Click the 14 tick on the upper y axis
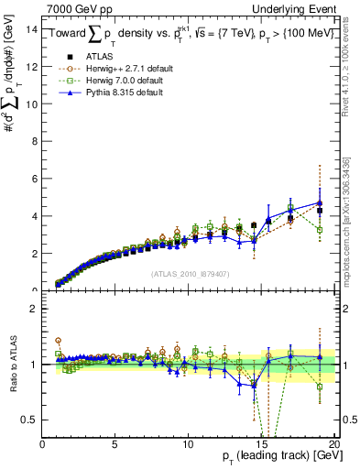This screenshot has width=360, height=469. pos(31,29)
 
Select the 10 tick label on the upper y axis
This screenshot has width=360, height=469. pos(31,104)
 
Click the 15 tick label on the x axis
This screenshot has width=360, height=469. pos(262,443)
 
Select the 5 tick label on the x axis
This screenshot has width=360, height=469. pos(115,443)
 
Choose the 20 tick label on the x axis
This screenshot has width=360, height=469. pos(334,443)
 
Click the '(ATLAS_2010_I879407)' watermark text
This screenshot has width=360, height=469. pos(190,273)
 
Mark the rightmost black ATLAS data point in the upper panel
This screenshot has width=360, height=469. pos(320,211)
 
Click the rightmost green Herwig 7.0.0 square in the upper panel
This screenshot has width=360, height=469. pos(320,229)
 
